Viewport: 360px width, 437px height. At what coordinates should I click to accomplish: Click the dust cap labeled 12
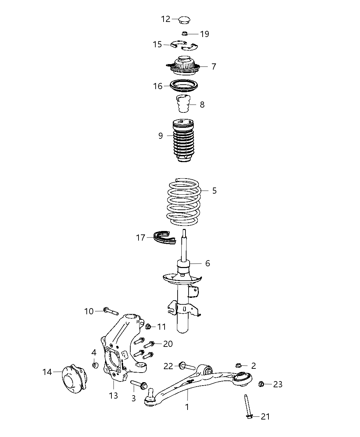184,20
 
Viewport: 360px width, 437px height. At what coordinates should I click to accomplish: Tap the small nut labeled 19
184,34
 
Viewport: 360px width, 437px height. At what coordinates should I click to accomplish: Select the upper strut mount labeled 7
184,66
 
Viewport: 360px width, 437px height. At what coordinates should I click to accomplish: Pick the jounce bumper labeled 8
183,104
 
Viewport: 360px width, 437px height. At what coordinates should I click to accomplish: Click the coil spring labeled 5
184,202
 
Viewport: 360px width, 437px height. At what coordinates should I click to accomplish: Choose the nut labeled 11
149,326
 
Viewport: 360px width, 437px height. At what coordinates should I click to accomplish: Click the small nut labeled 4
96,365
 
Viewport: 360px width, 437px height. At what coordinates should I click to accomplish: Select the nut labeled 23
261,384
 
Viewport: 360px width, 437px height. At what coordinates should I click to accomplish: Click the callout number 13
113,396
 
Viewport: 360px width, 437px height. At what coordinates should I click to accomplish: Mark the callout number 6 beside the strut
207,263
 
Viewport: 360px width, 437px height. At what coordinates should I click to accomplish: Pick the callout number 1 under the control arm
187,407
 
